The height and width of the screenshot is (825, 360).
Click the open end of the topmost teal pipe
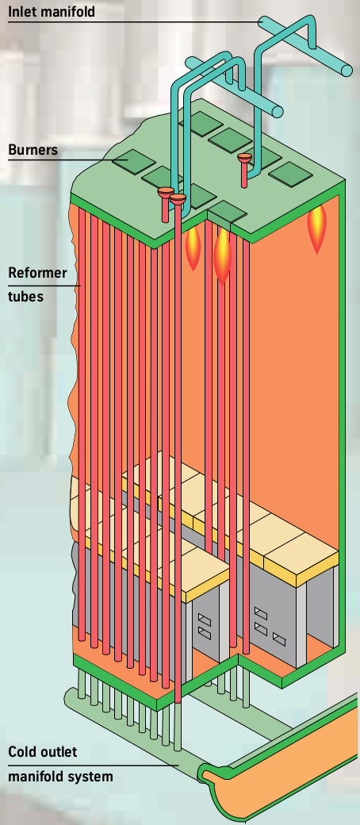point(347,71)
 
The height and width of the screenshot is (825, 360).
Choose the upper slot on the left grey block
point(205,618)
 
